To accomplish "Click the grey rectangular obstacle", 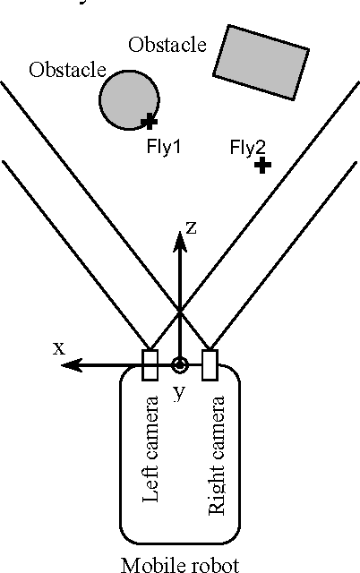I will (259, 62).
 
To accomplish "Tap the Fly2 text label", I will (248, 147).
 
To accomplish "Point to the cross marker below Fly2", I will (261, 166).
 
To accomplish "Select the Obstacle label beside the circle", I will (67, 70).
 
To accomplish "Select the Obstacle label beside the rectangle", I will (167, 44).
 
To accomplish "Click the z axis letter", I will (192, 227).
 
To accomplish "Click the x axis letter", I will (58, 347).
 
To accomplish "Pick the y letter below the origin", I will (180, 391).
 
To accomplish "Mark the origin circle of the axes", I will (180, 364).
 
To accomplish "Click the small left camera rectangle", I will (150, 364).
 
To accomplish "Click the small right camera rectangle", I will (210, 364).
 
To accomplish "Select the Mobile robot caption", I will (180, 564).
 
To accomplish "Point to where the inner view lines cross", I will (180, 311).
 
